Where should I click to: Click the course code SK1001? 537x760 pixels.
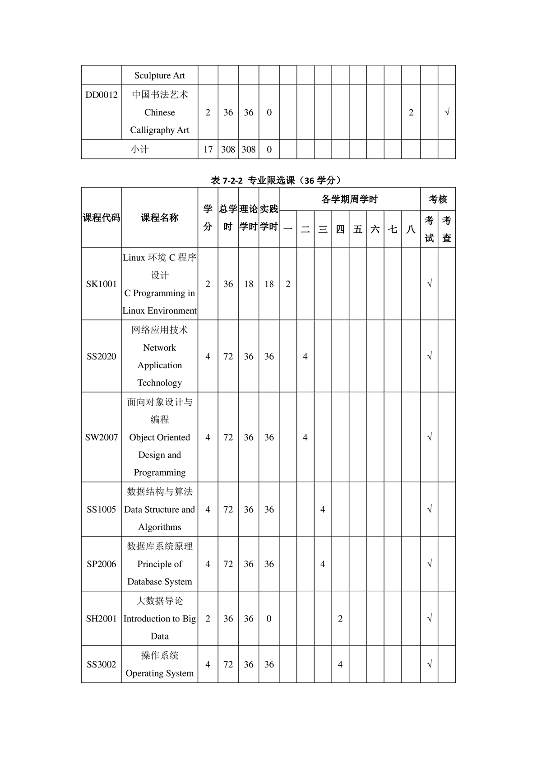(x=101, y=284)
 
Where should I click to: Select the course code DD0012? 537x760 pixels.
(x=101, y=95)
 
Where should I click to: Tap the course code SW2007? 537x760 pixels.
(x=101, y=437)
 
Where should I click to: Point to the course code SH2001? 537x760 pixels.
(x=101, y=619)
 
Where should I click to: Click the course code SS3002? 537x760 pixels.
(x=101, y=664)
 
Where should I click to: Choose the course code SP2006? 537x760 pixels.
(x=101, y=564)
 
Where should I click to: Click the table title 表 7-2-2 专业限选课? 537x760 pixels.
(x=275, y=181)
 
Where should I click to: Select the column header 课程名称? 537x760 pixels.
(x=160, y=218)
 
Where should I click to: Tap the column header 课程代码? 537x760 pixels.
(x=102, y=218)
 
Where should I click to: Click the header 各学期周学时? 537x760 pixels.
(x=349, y=199)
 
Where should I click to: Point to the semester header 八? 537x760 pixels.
(x=411, y=229)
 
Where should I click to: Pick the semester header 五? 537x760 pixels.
(x=358, y=229)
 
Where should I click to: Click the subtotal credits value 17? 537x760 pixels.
(x=208, y=149)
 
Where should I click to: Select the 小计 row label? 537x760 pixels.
(x=139, y=149)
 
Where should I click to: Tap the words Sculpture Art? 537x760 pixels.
(x=160, y=75)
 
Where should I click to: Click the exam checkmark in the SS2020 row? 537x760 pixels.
(x=429, y=357)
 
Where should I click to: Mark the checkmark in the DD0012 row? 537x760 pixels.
(x=447, y=112)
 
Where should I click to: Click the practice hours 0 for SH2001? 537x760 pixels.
(x=269, y=619)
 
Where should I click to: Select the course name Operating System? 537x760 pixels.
(x=160, y=673)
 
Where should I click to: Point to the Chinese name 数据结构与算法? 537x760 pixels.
(x=160, y=491)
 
